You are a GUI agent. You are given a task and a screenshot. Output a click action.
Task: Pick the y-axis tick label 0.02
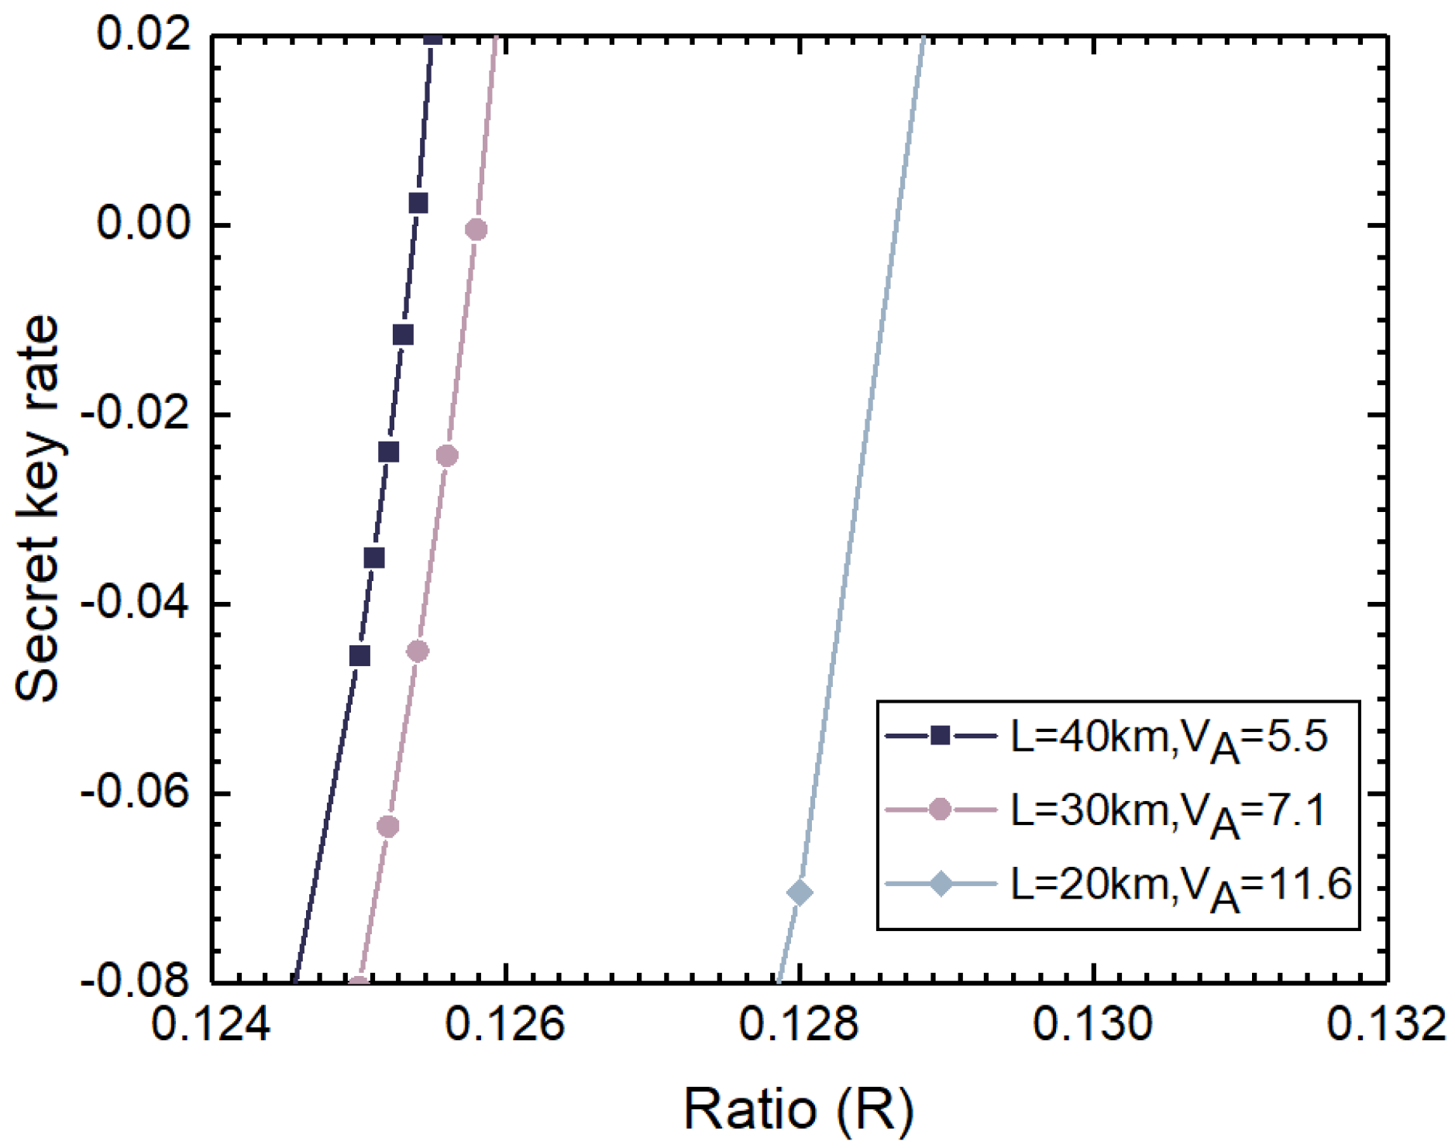pos(144,36)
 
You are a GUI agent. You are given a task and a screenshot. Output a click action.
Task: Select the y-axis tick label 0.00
pos(144,225)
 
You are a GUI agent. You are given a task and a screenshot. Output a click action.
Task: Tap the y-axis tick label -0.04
pos(136,604)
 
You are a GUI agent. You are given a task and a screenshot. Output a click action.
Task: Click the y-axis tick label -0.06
pos(136,793)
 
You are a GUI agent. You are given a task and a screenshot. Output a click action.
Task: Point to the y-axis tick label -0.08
pos(136,982)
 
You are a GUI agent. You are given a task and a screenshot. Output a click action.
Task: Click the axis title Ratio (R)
pos(798,1109)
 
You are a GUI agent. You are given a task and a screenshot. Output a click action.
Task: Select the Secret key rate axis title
pos(37,508)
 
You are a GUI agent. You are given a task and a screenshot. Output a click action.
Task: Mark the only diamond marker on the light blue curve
pos(800,893)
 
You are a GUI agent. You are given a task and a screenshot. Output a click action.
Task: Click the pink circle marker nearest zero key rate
pos(476,229)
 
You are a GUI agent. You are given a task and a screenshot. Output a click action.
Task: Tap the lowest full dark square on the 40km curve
pos(359,656)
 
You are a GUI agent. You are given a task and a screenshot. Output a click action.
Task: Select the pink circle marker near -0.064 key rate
pos(388,827)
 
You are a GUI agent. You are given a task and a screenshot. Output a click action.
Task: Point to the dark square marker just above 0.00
pos(418,204)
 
